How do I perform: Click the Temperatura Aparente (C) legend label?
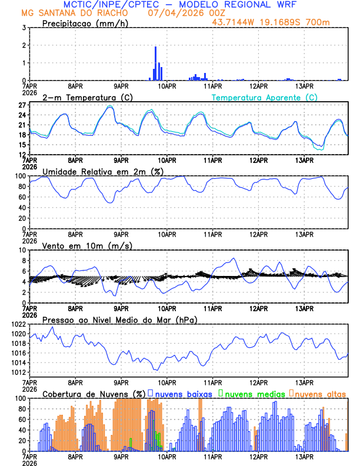tap(264, 97)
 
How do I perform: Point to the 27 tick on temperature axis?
tap(20, 105)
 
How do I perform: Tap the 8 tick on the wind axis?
tap(22, 261)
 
